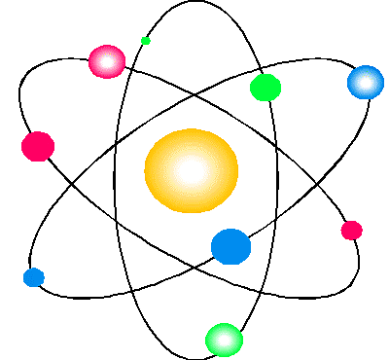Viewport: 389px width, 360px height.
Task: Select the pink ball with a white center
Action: (107, 61)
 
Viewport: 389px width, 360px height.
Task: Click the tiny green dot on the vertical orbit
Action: (146, 40)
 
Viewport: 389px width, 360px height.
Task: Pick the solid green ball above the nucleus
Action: (265, 88)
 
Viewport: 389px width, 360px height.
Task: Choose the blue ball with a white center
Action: (366, 82)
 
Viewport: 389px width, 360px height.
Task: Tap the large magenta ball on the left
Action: (38, 146)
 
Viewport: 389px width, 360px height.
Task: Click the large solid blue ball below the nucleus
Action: (231, 245)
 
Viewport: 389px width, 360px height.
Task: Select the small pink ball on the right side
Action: (351, 231)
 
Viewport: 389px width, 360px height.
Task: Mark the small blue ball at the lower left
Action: (34, 277)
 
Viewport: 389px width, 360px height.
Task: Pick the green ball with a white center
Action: (224, 340)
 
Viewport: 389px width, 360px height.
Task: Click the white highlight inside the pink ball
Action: (108, 61)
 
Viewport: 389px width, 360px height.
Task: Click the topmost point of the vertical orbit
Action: (199, 2)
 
